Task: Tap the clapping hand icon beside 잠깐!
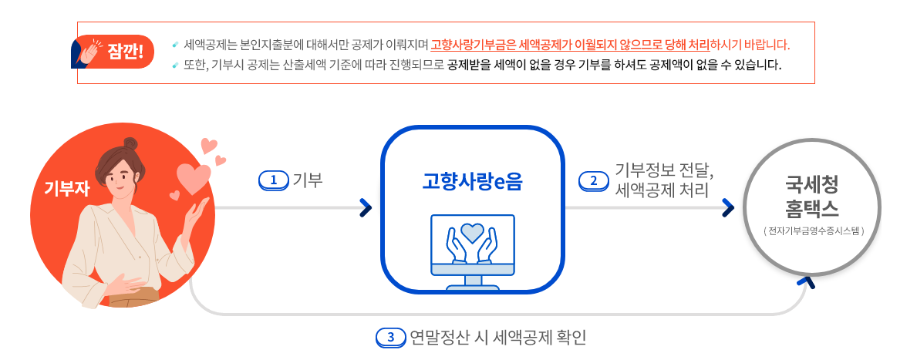point(87,52)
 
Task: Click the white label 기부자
point(67,187)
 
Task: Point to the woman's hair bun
point(130,143)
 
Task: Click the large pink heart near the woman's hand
point(193,178)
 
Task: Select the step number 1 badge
point(272,180)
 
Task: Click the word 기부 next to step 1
point(307,180)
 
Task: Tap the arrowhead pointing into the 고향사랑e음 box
point(366,207)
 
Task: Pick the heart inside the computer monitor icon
point(472,231)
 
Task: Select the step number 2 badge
point(593,180)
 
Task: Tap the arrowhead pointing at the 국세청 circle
point(727,207)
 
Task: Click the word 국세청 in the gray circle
point(811,183)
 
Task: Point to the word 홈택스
point(811,208)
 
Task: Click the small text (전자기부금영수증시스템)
point(811,230)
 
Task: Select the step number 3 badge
point(391,337)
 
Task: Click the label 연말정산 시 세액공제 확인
point(498,337)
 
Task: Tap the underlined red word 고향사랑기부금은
point(474,45)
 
